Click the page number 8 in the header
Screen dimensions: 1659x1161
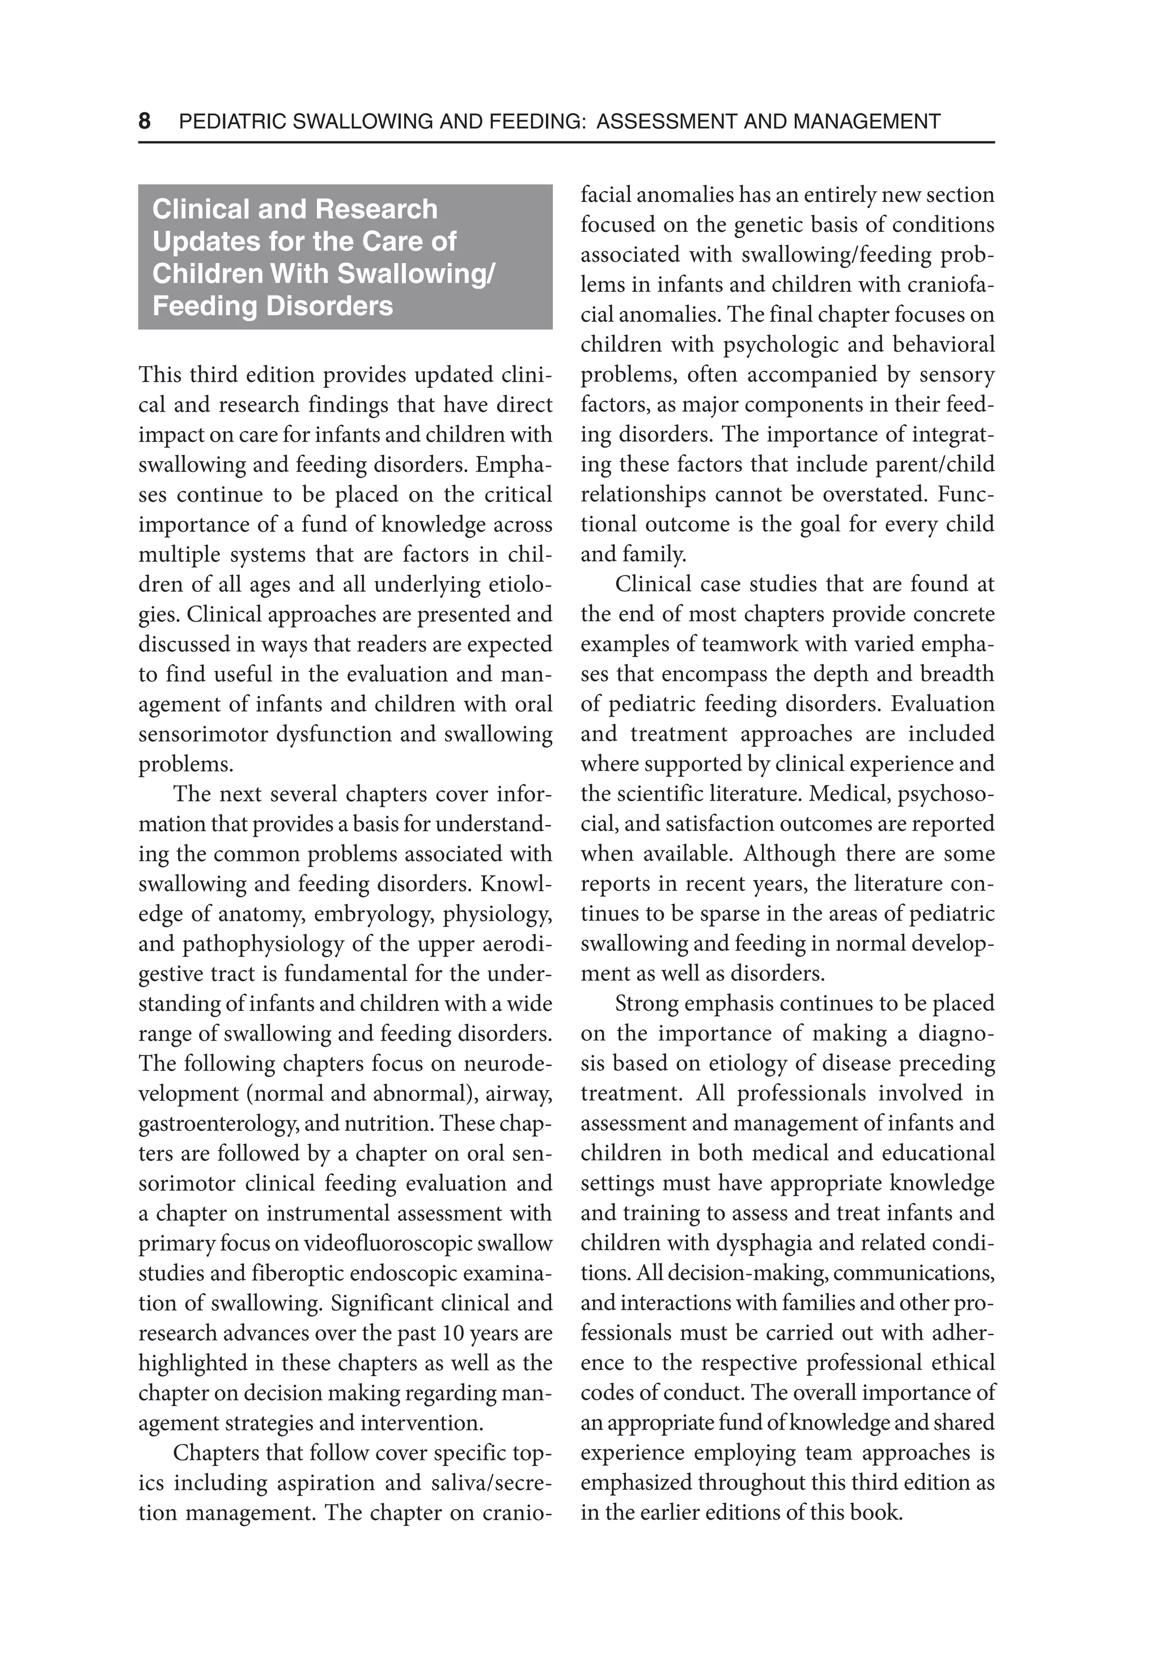pyautogui.click(x=145, y=121)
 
